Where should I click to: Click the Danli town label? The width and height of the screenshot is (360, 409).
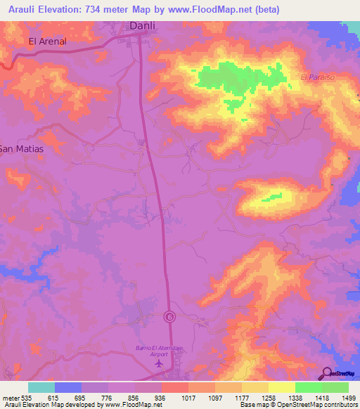[143, 26]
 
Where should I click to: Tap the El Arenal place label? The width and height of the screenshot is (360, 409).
[47, 41]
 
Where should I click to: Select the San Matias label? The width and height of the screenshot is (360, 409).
[21, 149]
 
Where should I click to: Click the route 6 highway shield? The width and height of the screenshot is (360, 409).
[169, 316]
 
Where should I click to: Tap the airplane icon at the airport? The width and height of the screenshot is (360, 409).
[159, 363]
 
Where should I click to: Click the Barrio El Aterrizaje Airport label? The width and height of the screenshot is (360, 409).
[159, 351]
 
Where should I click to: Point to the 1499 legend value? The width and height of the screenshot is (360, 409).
[347, 398]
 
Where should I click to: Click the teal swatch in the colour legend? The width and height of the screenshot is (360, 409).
[41, 387]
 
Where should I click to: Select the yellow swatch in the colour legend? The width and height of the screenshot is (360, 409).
[281, 387]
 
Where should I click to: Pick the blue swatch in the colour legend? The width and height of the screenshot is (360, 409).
[68, 387]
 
